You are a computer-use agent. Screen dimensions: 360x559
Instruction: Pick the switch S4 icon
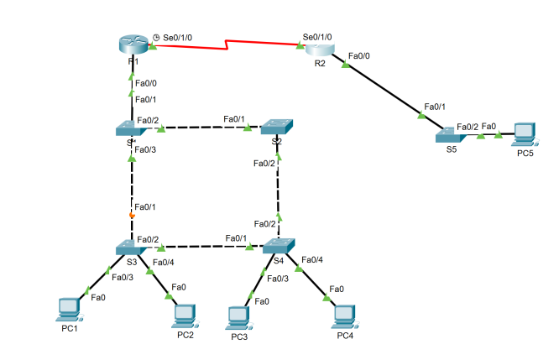point(278,247)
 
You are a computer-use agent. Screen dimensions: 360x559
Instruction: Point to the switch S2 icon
point(277,127)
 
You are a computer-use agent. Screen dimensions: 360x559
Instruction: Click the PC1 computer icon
point(68,309)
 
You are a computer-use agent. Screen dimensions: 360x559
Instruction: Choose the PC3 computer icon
point(238,316)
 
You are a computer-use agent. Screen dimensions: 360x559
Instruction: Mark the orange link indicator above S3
point(132,217)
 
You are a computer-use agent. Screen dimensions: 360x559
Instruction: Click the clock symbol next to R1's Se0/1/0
point(157,38)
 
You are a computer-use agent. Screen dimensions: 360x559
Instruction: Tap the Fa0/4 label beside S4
point(311,259)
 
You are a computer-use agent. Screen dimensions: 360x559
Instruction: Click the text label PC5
point(525,154)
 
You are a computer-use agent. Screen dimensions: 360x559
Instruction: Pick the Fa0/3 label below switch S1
point(146,150)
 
